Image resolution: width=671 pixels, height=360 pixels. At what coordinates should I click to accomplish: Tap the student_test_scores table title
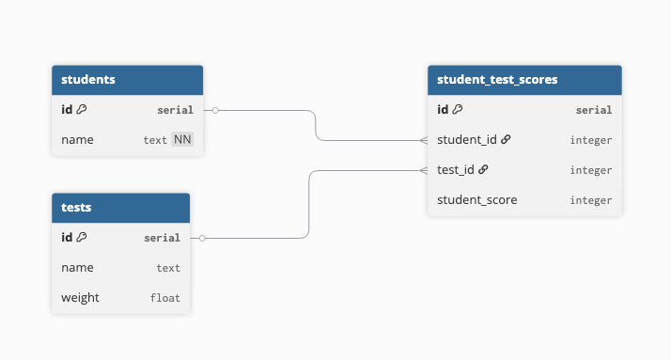(497, 80)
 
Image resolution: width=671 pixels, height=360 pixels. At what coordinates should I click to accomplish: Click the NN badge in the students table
(182, 140)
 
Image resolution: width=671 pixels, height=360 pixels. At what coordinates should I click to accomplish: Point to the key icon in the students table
(82, 110)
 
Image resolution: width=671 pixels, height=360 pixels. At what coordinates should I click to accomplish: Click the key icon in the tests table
(82, 238)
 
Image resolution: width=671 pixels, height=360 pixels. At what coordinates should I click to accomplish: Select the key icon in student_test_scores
(458, 110)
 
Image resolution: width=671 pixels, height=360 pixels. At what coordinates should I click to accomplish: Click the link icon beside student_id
(506, 140)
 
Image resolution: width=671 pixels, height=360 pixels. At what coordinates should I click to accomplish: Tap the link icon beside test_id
(483, 170)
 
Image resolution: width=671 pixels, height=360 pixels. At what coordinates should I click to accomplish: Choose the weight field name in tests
(80, 298)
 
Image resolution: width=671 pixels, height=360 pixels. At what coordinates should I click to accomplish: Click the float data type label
(164, 298)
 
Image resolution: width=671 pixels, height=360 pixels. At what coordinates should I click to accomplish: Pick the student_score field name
(477, 200)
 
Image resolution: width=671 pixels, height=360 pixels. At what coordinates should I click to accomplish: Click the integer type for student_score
(590, 200)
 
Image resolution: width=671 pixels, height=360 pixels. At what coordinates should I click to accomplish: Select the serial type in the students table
(175, 110)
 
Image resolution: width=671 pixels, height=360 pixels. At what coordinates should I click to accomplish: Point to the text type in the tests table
(168, 268)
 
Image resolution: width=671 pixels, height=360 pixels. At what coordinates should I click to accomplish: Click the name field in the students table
(77, 140)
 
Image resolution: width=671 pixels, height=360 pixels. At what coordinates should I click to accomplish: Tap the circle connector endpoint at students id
(215, 110)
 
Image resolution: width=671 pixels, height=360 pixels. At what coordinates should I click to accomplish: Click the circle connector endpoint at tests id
(202, 238)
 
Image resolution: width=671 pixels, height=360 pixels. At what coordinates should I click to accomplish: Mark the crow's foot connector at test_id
(423, 170)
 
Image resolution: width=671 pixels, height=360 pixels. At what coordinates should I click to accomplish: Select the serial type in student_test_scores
(593, 110)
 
